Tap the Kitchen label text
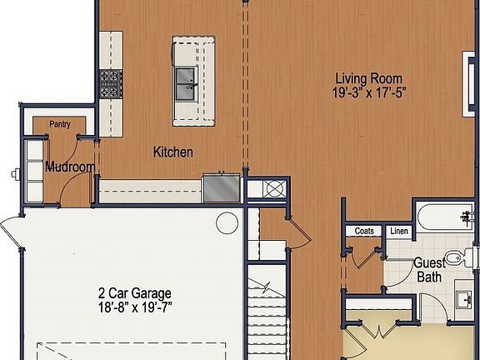[173, 152]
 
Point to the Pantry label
[59, 125]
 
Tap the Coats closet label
[364, 231]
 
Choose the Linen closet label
[398, 231]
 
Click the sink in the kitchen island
[186, 80]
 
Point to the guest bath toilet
[454, 257]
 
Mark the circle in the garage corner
[227, 222]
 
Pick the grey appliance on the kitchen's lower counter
[221, 187]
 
